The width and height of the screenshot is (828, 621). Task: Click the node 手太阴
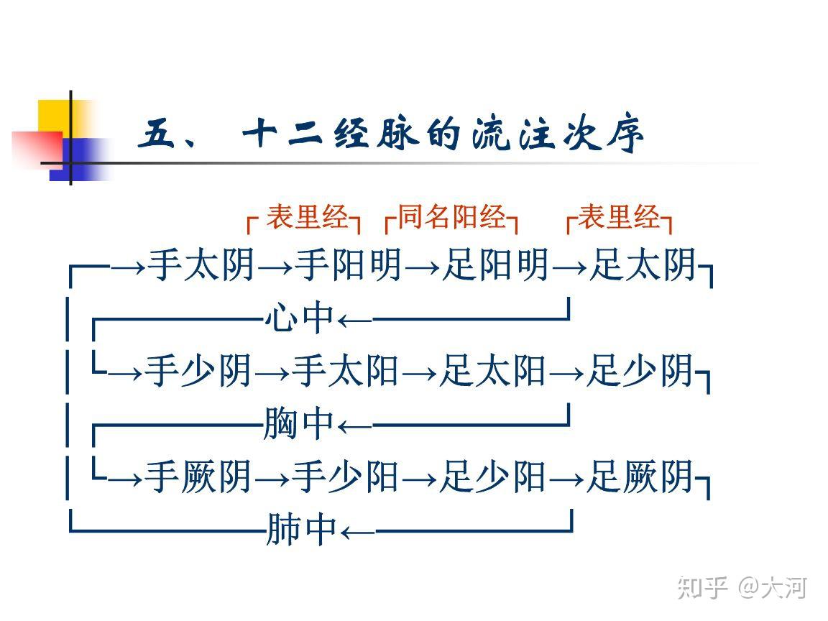201,264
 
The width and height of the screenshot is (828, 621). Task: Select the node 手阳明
349,264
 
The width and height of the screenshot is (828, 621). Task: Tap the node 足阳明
496,264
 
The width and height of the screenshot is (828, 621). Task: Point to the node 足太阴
643,264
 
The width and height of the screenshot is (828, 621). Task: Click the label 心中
300,318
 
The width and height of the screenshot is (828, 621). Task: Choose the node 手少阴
198,371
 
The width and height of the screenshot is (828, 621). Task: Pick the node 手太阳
345,371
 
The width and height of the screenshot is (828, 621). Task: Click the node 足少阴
640,371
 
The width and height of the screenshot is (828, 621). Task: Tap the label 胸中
298,423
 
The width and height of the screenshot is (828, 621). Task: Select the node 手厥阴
198,477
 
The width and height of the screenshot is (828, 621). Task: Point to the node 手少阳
345,477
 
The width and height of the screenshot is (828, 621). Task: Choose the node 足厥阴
640,477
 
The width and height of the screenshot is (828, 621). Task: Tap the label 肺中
302,529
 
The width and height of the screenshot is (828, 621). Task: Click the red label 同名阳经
451,217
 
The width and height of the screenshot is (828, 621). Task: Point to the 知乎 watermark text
703,587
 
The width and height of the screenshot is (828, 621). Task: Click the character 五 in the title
156,133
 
